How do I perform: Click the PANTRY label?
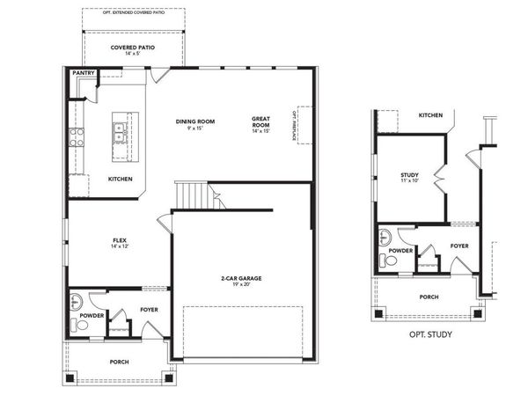point(84,73)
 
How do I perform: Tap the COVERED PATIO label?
point(133,48)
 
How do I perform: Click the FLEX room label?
point(120,240)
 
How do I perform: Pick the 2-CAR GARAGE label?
point(241,278)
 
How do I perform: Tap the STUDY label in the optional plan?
point(409,175)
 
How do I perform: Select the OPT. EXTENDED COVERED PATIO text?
point(133,12)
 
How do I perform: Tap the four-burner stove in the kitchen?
point(77,136)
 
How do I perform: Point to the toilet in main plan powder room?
point(82,325)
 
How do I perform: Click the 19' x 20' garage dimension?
point(241,285)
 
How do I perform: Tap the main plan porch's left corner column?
point(70,378)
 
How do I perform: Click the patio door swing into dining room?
point(156,77)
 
